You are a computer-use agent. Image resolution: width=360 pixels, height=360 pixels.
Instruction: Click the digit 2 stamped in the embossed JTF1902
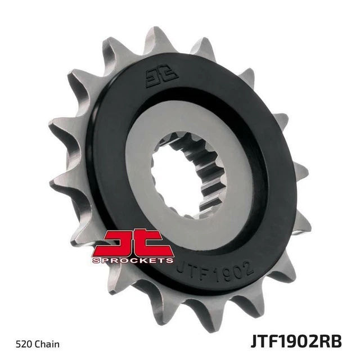[248, 264]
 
